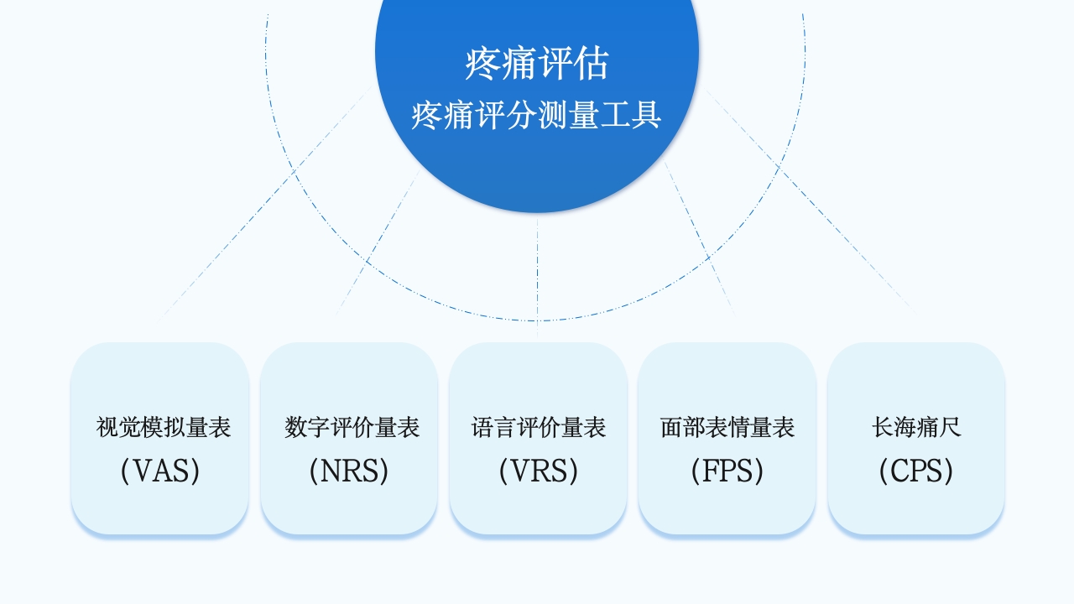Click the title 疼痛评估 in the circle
537,64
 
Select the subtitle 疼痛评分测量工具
537,115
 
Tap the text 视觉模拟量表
163,428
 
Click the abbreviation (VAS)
160,471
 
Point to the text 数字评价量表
352,428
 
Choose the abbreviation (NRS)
349,471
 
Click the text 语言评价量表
539,428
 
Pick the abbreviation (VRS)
539,471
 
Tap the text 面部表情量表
727,428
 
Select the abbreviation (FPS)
727,471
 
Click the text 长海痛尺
916,428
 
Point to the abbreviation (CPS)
916,471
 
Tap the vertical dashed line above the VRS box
537,277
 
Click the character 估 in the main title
591,64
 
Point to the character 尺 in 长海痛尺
950,428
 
